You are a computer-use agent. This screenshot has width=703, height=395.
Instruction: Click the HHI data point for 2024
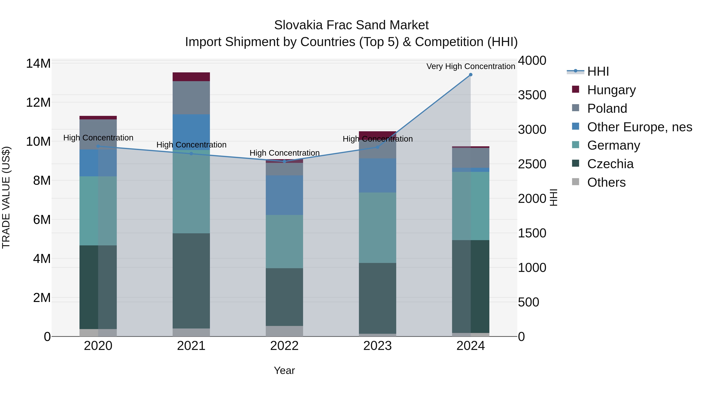(470, 75)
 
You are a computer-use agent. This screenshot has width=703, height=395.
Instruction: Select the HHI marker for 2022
(284, 161)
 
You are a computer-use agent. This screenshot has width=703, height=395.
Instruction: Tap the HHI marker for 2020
(98, 146)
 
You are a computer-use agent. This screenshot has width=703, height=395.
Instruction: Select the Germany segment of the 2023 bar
(377, 228)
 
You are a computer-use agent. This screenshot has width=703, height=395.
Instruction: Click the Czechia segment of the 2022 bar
(284, 297)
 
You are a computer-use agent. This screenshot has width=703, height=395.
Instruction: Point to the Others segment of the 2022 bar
(284, 331)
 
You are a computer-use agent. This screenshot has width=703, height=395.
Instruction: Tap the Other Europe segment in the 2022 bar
(284, 195)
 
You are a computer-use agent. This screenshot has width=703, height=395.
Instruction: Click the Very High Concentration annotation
(470, 66)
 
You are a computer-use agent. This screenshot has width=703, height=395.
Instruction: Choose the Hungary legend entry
(611, 90)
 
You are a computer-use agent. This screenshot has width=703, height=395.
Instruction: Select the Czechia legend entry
(610, 164)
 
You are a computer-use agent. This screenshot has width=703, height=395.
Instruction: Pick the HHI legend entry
(598, 71)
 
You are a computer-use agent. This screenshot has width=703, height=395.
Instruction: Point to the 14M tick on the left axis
(38, 64)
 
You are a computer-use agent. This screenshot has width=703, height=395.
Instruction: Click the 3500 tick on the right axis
(532, 95)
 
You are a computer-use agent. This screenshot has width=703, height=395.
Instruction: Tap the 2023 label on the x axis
(377, 346)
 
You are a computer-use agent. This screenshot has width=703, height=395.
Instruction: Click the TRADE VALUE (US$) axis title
(6, 197)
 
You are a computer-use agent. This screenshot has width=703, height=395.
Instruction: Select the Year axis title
(284, 370)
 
